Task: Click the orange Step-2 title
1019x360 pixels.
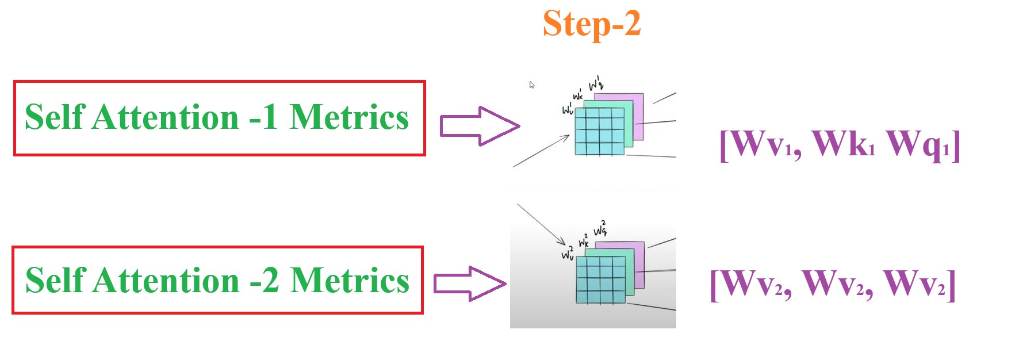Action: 591,24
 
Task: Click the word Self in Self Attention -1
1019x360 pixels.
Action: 55,117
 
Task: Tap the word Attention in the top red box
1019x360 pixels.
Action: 166,117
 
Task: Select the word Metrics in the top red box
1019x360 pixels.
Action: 348,117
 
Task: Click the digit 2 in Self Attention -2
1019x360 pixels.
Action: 270,281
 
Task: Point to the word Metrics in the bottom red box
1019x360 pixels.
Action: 350,281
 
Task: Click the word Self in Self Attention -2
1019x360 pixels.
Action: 55,281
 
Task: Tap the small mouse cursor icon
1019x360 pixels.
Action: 532,85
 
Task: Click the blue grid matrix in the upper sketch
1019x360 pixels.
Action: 599,132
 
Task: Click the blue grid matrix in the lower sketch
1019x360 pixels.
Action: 600,279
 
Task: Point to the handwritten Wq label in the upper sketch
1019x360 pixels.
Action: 596,83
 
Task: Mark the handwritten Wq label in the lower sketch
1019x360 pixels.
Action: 600,229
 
